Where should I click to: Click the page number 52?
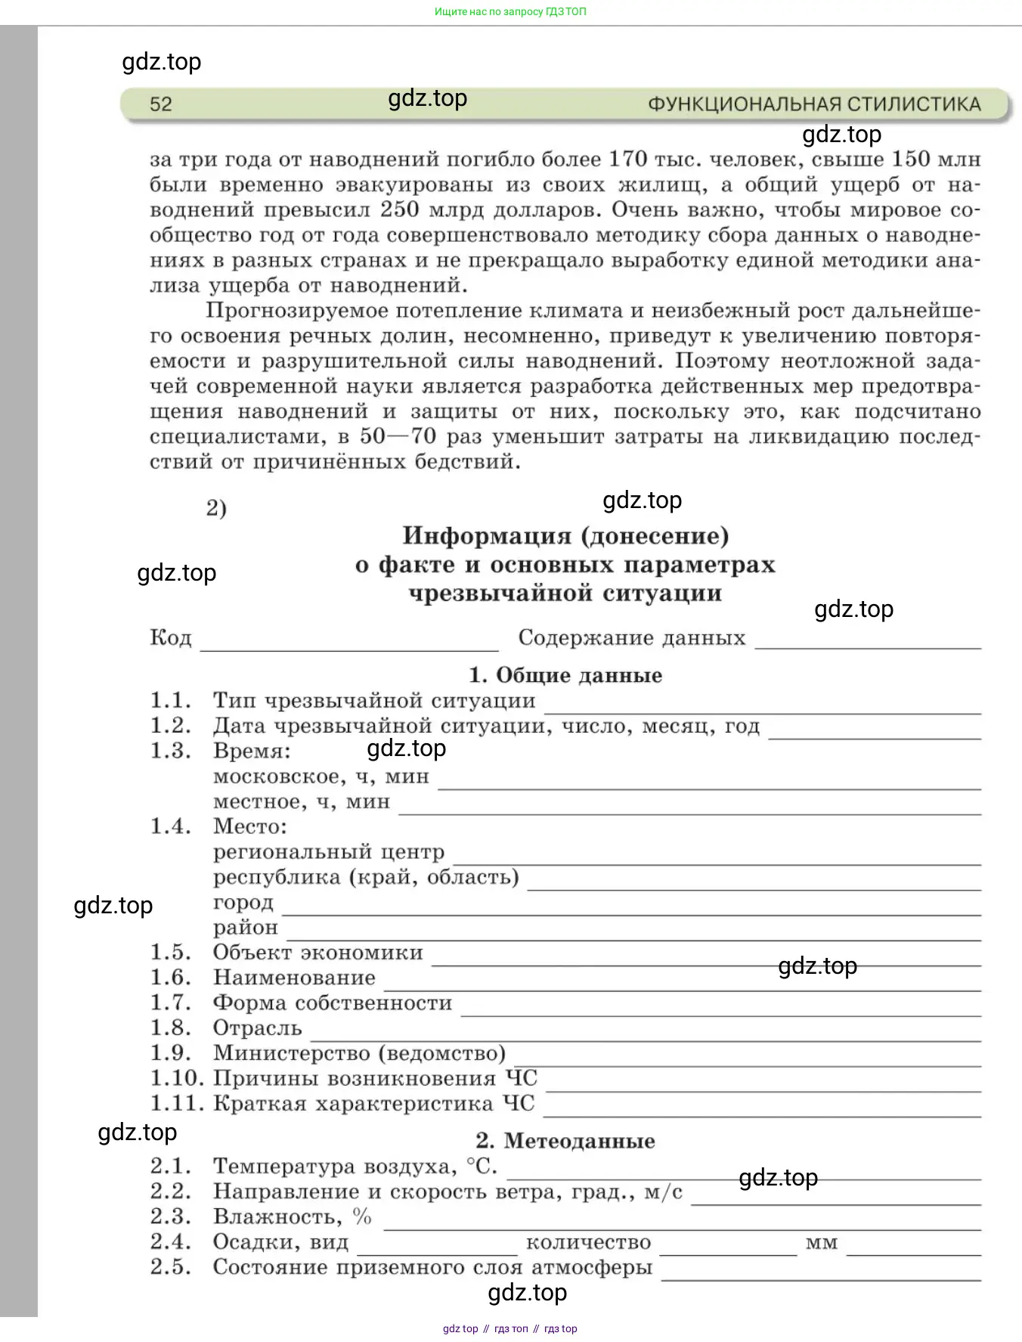(x=161, y=104)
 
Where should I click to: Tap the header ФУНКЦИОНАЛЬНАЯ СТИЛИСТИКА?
(x=814, y=104)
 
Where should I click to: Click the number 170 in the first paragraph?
(x=628, y=159)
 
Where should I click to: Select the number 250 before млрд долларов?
(x=400, y=209)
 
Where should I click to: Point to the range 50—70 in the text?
(x=398, y=436)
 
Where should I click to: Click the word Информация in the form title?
(x=487, y=536)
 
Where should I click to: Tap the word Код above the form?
(x=171, y=638)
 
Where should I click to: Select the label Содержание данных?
(x=632, y=638)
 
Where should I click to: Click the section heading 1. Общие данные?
(x=565, y=675)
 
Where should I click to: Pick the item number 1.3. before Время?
(x=171, y=751)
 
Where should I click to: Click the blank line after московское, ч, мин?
(x=709, y=786)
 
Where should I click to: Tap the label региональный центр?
(x=329, y=852)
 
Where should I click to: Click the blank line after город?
(x=631, y=913)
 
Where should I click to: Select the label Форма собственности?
(x=333, y=1003)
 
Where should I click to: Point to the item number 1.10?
(x=177, y=1078)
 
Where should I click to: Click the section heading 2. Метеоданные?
(x=565, y=1141)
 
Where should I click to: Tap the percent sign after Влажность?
(x=362, y=1216)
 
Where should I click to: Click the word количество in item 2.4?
(x=588, y=1242)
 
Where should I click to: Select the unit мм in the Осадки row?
(x=822, y=1243)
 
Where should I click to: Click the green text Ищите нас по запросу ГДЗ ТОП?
(x=510, y=11)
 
